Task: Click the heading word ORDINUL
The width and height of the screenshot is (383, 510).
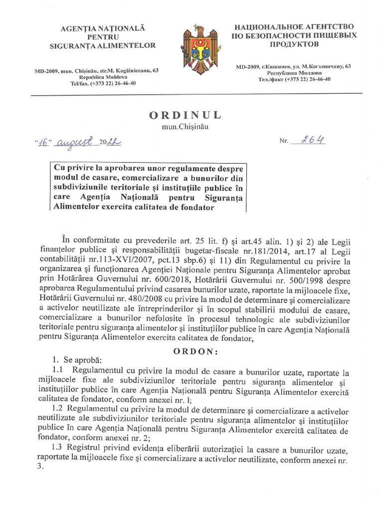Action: (185, 115)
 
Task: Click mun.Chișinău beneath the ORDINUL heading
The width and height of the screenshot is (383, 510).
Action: (184, 127)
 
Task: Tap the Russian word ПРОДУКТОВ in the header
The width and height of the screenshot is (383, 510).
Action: (293, 44)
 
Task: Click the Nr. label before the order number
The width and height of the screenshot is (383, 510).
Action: (284, 141)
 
